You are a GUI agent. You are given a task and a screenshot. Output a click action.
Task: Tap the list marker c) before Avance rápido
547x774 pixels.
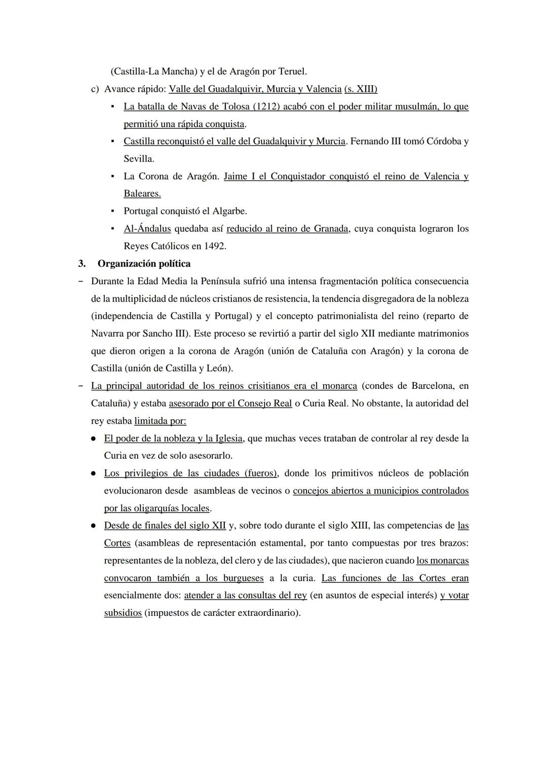[x=95, y=89]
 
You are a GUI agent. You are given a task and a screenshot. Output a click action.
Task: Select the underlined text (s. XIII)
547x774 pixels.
[x=361, y=89]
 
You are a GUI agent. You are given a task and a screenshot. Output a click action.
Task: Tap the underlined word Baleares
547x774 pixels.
[x=142, y=194]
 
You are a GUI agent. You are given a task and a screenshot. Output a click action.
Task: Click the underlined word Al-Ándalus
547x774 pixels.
[x=147, y=229]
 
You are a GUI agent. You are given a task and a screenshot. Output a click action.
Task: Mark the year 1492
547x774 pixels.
[x=215, y=246]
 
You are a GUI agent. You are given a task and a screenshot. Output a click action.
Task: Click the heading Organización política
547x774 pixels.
[x=144, y=264]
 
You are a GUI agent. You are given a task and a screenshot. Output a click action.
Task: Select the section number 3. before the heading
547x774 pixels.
[x=81, y=264]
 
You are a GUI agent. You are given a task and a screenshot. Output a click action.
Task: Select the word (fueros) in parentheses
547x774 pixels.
[x=260, y=473]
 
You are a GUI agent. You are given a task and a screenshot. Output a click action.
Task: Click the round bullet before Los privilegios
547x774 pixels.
[x=94, y=473]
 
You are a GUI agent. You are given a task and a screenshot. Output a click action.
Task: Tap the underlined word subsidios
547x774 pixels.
[x=123, y=613]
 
